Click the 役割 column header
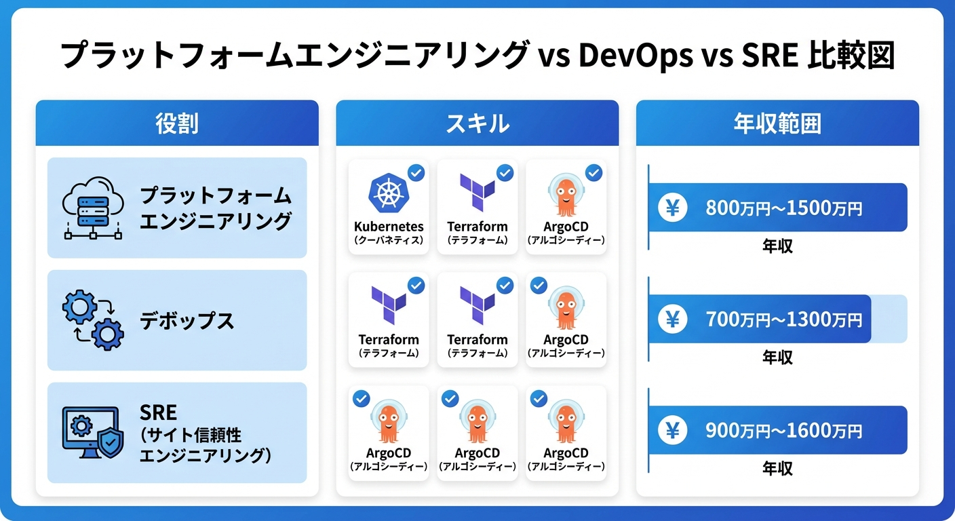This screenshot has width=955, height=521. click(x=176, y=123)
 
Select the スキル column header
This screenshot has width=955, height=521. click(x=477, y=123)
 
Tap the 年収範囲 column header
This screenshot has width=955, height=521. click(x=777, y=123)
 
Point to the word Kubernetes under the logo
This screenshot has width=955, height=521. click(x=389, y=227)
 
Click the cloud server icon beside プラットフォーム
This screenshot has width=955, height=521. click(x=92, y=208)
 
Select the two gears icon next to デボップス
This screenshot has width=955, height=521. click(x=93, y=320)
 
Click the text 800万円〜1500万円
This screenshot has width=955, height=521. click(x=784, y=208)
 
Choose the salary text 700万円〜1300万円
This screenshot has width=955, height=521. click(x=784, y=318)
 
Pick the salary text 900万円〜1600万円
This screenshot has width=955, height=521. click(x=784, y=430)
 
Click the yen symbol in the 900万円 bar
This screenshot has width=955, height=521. click(x=672, y=430)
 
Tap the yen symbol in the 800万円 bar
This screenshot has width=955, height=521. click(x=672, y=208)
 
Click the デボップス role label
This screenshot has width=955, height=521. click(x=187, y=321)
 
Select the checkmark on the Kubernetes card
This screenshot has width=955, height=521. click(x=416, y=173)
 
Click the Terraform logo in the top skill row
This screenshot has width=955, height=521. click(x=477, y=193)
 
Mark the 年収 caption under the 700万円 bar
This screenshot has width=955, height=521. click(x=777, y=356)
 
